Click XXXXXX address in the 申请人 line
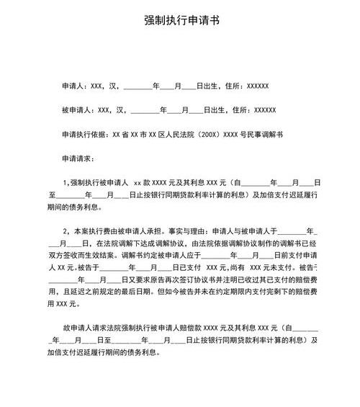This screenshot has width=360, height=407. coord(257,86)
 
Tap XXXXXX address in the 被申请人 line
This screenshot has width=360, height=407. coord(265,110)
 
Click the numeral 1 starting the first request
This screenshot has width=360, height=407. coord(66,183)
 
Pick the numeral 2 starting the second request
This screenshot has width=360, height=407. coord(66,232)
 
